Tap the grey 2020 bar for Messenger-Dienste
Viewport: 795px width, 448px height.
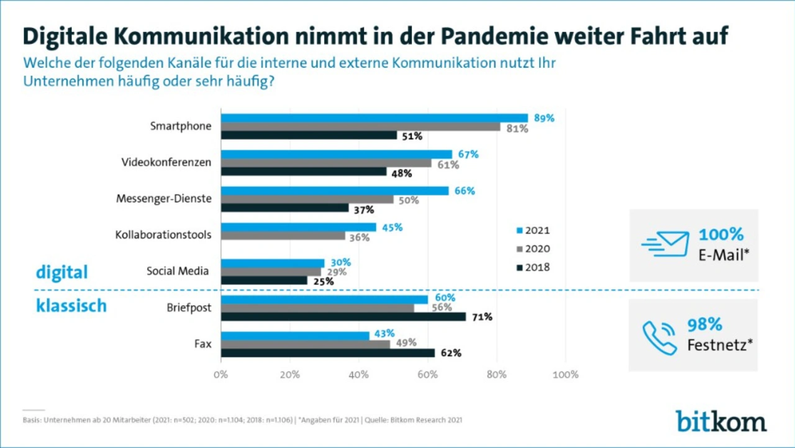click(307, 199)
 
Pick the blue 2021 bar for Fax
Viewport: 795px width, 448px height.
click(295, 336)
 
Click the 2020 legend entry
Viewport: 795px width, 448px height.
click(533, 249)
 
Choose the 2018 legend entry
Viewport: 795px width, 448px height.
click(533, 267)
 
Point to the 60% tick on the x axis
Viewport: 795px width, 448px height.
click(427, 375)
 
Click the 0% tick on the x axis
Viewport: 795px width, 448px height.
click(220, 375)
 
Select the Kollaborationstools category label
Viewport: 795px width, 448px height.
click(163, 235)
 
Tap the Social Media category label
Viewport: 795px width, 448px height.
click(178, 272)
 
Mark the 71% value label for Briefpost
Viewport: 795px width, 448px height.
click(482, 317)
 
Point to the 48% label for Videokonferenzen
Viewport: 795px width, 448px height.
click(401, 173)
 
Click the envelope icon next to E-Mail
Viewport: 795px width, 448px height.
click(666, 244)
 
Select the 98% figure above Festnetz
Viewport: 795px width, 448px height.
click(704, 324)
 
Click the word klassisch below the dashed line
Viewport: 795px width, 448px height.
click(71, 306)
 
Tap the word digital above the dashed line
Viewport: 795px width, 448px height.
click(61, 272)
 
